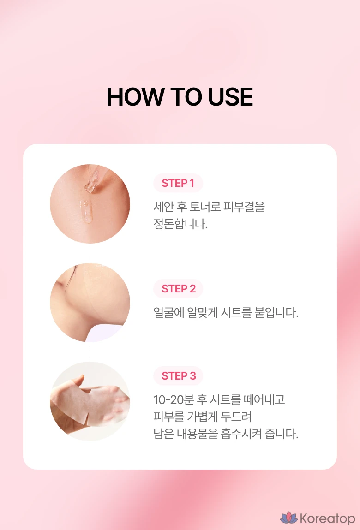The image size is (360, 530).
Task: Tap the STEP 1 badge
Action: pos(178,183)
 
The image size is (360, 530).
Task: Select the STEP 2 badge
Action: pos(178,289)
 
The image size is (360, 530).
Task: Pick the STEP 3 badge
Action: pos(178,375)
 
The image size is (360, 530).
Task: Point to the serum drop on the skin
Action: pos(87,212)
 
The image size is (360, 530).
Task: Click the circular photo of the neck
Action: pos(90,303)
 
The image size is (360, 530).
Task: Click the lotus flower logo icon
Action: pos(288,518)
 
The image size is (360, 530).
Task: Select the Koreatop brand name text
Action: pos(327,518)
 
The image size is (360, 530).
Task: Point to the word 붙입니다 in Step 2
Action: pos(276,312)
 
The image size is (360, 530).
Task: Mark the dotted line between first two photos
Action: pos(90,253)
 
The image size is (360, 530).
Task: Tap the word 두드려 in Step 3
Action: pos(236,417)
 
